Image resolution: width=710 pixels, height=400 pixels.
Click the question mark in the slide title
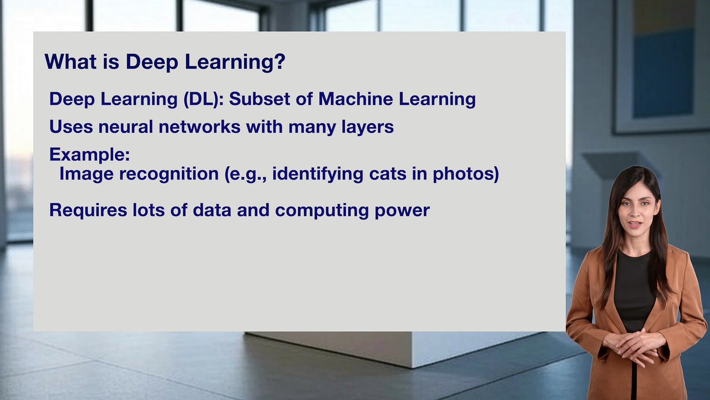(x=279, y=61)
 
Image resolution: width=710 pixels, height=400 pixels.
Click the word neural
(x=125, y=127)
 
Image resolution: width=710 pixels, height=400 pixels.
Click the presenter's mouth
(x=636, y=224)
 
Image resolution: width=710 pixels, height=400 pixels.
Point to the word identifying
(x=317, y=174)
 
